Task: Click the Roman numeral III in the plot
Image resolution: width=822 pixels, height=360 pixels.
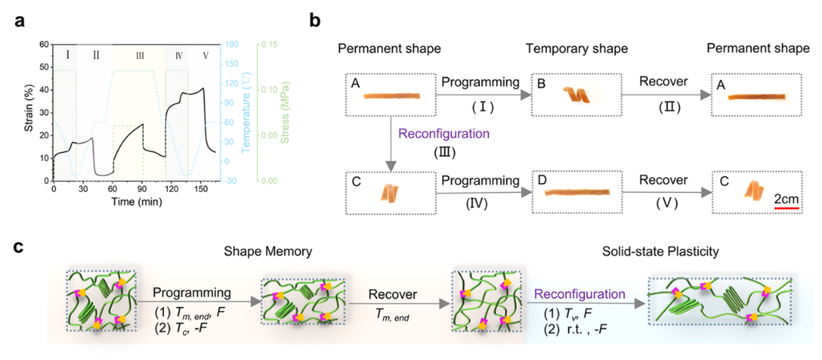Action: (x=140, y=55)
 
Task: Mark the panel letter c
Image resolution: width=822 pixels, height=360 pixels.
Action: (x=18, y=247)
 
